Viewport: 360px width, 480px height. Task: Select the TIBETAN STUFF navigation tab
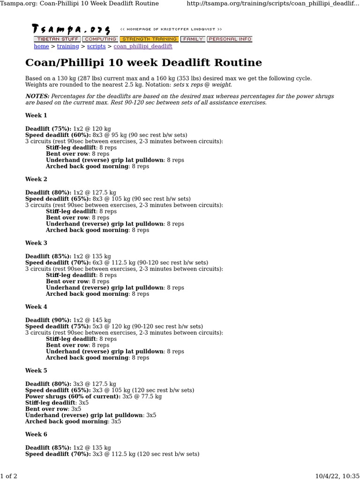57,39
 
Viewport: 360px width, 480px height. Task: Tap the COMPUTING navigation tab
100,39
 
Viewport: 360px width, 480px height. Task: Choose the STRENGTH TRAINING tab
149,39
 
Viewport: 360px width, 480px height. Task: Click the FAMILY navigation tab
193,39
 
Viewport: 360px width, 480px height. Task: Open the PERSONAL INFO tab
230,39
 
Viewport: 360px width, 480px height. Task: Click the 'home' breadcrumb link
41,46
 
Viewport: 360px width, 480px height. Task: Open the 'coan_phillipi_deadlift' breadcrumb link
143,46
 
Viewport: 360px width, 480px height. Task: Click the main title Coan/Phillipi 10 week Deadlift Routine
143,63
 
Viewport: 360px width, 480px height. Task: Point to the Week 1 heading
36,115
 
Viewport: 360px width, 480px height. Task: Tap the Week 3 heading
36,243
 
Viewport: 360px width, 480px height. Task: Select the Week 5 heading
36,370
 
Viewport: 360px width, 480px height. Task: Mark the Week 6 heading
36,434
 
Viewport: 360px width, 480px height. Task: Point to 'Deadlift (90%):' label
48,320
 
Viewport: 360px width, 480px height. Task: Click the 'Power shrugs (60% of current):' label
73,397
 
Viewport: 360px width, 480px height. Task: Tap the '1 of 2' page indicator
9,476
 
